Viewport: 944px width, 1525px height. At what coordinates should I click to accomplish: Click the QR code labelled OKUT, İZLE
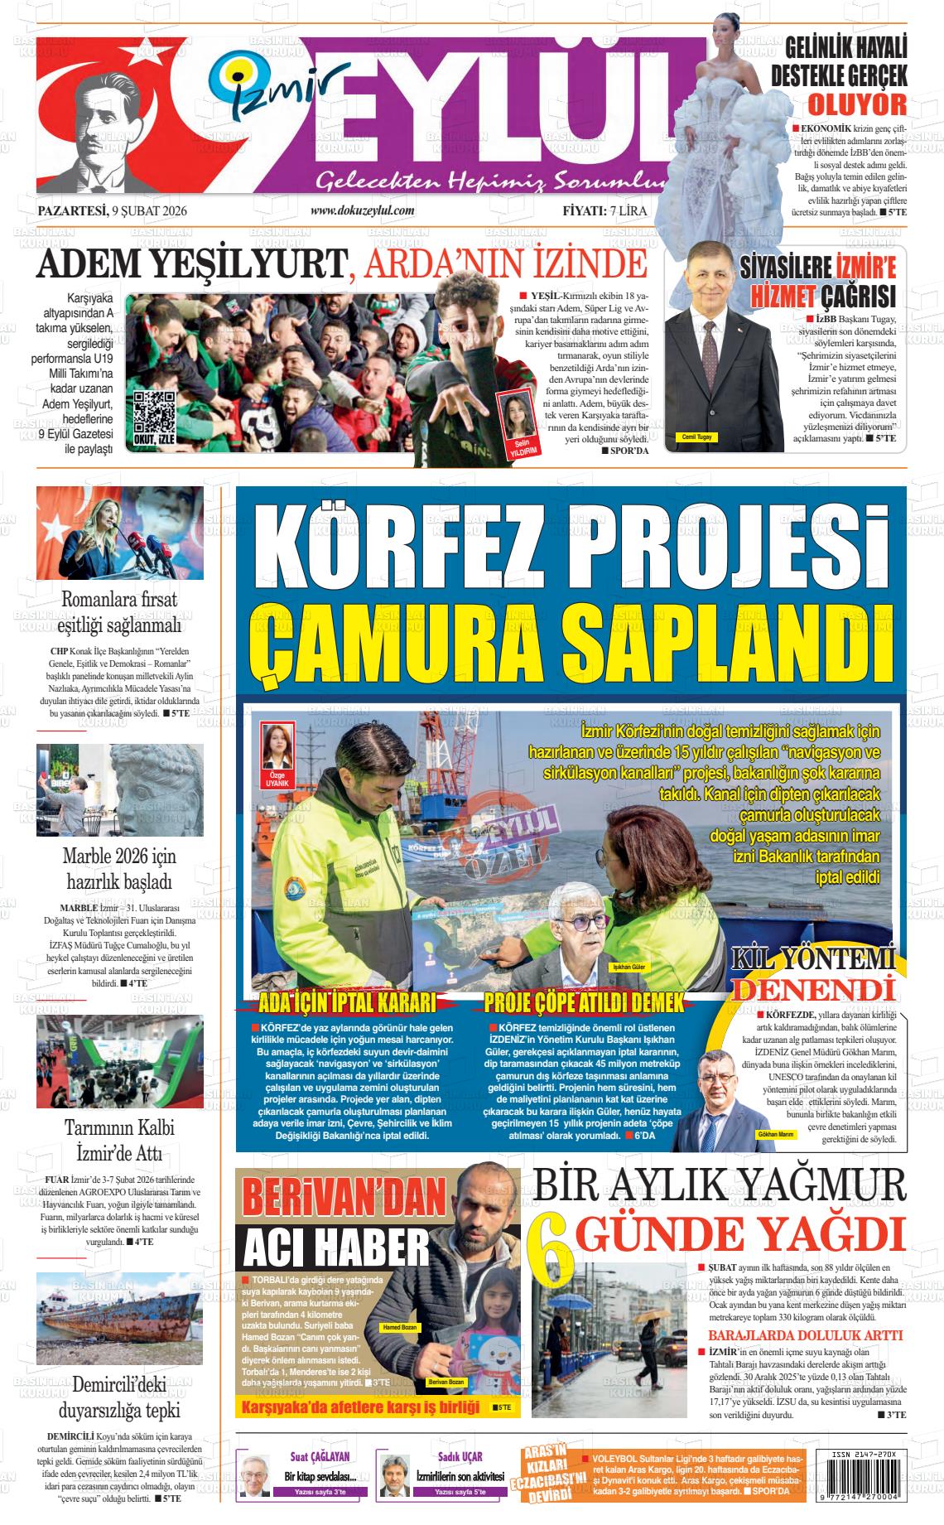[155, 412]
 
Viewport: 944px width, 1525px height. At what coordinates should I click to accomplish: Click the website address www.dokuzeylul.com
[362, 211]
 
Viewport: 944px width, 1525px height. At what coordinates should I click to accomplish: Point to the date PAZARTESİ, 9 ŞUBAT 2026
[113, 211]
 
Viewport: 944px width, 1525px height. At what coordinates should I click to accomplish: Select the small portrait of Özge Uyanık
[273, 746]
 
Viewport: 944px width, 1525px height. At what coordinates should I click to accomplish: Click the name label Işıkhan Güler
[629, 967]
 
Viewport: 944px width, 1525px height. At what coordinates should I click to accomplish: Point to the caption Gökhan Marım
[775, 1134]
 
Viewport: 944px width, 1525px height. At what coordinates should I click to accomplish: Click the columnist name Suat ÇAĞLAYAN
[319, 1457]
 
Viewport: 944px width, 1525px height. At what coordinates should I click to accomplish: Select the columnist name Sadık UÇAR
[460, 1457]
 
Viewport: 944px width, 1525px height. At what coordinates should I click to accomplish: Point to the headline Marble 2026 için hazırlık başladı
[119, 867]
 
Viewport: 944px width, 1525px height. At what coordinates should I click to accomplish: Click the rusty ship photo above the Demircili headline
[120, 1319]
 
